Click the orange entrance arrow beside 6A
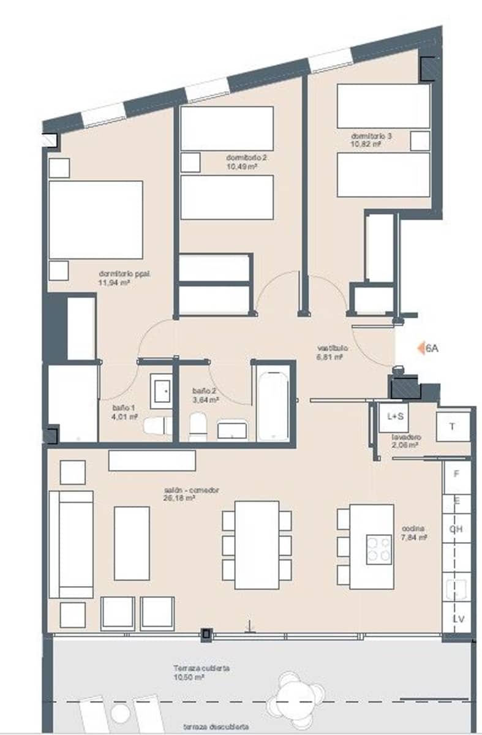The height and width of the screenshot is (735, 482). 421,349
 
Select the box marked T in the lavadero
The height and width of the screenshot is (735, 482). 453,427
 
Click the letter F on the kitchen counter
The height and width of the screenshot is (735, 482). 456,474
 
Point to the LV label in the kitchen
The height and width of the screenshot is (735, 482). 458,619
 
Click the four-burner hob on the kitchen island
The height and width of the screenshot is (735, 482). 379,549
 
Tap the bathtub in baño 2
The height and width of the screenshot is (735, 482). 273,406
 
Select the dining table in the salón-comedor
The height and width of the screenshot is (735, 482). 257,545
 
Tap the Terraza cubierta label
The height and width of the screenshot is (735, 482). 201,668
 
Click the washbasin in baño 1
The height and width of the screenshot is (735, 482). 162,391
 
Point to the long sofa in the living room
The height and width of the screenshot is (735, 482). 71,543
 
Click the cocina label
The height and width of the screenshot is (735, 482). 413,529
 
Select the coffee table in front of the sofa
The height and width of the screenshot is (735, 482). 132,543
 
